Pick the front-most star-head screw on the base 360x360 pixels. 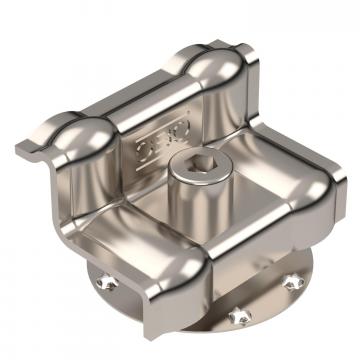pos(237,316)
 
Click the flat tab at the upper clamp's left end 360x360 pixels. pos(30,150)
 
